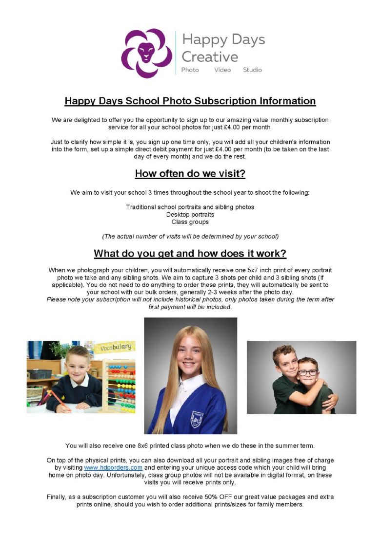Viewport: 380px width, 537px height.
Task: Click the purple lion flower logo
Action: click(146, 53)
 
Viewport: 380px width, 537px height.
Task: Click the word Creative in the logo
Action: click(210, 56)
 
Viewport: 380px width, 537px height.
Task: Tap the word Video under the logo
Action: click(222, 70)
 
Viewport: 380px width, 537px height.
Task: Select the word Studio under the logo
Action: click(252, 70)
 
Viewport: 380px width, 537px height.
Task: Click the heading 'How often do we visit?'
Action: click(190, 174)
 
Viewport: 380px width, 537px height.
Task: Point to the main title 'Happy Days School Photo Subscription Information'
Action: click(190, 101)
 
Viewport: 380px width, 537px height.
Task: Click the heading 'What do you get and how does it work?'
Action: click(190, 254)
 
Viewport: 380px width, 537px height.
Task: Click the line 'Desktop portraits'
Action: click(190, 214)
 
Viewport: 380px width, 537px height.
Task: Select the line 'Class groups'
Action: click(190, 222)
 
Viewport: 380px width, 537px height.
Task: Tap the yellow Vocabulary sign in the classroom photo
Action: click(116, 347)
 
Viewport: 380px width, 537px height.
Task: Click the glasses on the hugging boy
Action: click(307, 372)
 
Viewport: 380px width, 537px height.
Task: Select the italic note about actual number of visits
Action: click(190, 237)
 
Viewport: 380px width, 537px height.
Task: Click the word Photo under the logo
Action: click(190, 70)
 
